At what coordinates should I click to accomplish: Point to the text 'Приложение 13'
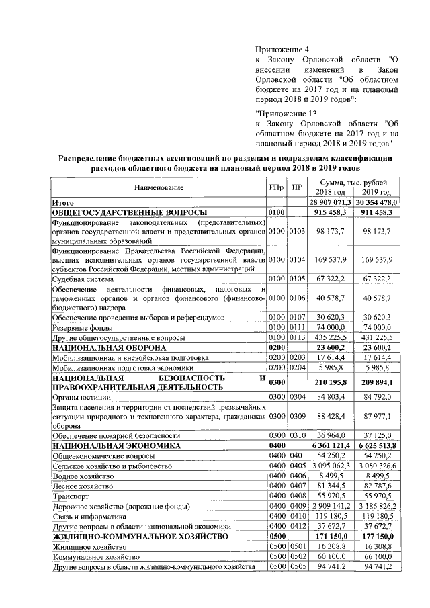point(286,112)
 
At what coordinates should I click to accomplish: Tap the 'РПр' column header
point(277,187)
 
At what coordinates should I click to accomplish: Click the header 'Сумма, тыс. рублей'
point(353,183)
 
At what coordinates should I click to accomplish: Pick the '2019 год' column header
point(376,193)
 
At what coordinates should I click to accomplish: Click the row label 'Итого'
point(62,202)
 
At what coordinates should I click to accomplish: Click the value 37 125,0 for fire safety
point(376,435)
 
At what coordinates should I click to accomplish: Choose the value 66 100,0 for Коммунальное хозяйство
point(376,557)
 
